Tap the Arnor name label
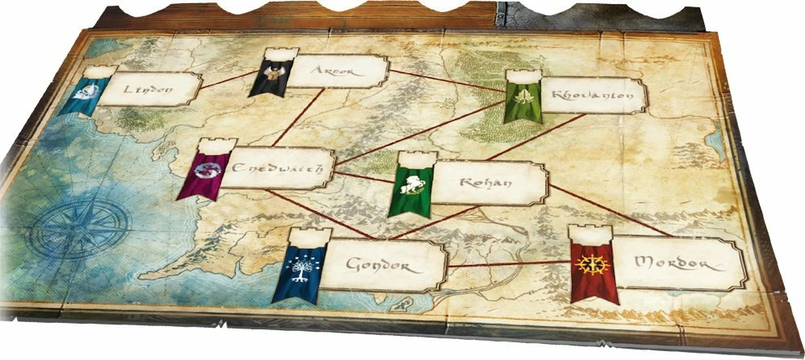coord(331,71)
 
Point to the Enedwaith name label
coord(279,171)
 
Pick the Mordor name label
coord(675,263)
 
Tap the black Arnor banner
coord(267,79)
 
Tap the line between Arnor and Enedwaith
coord(300,117)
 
